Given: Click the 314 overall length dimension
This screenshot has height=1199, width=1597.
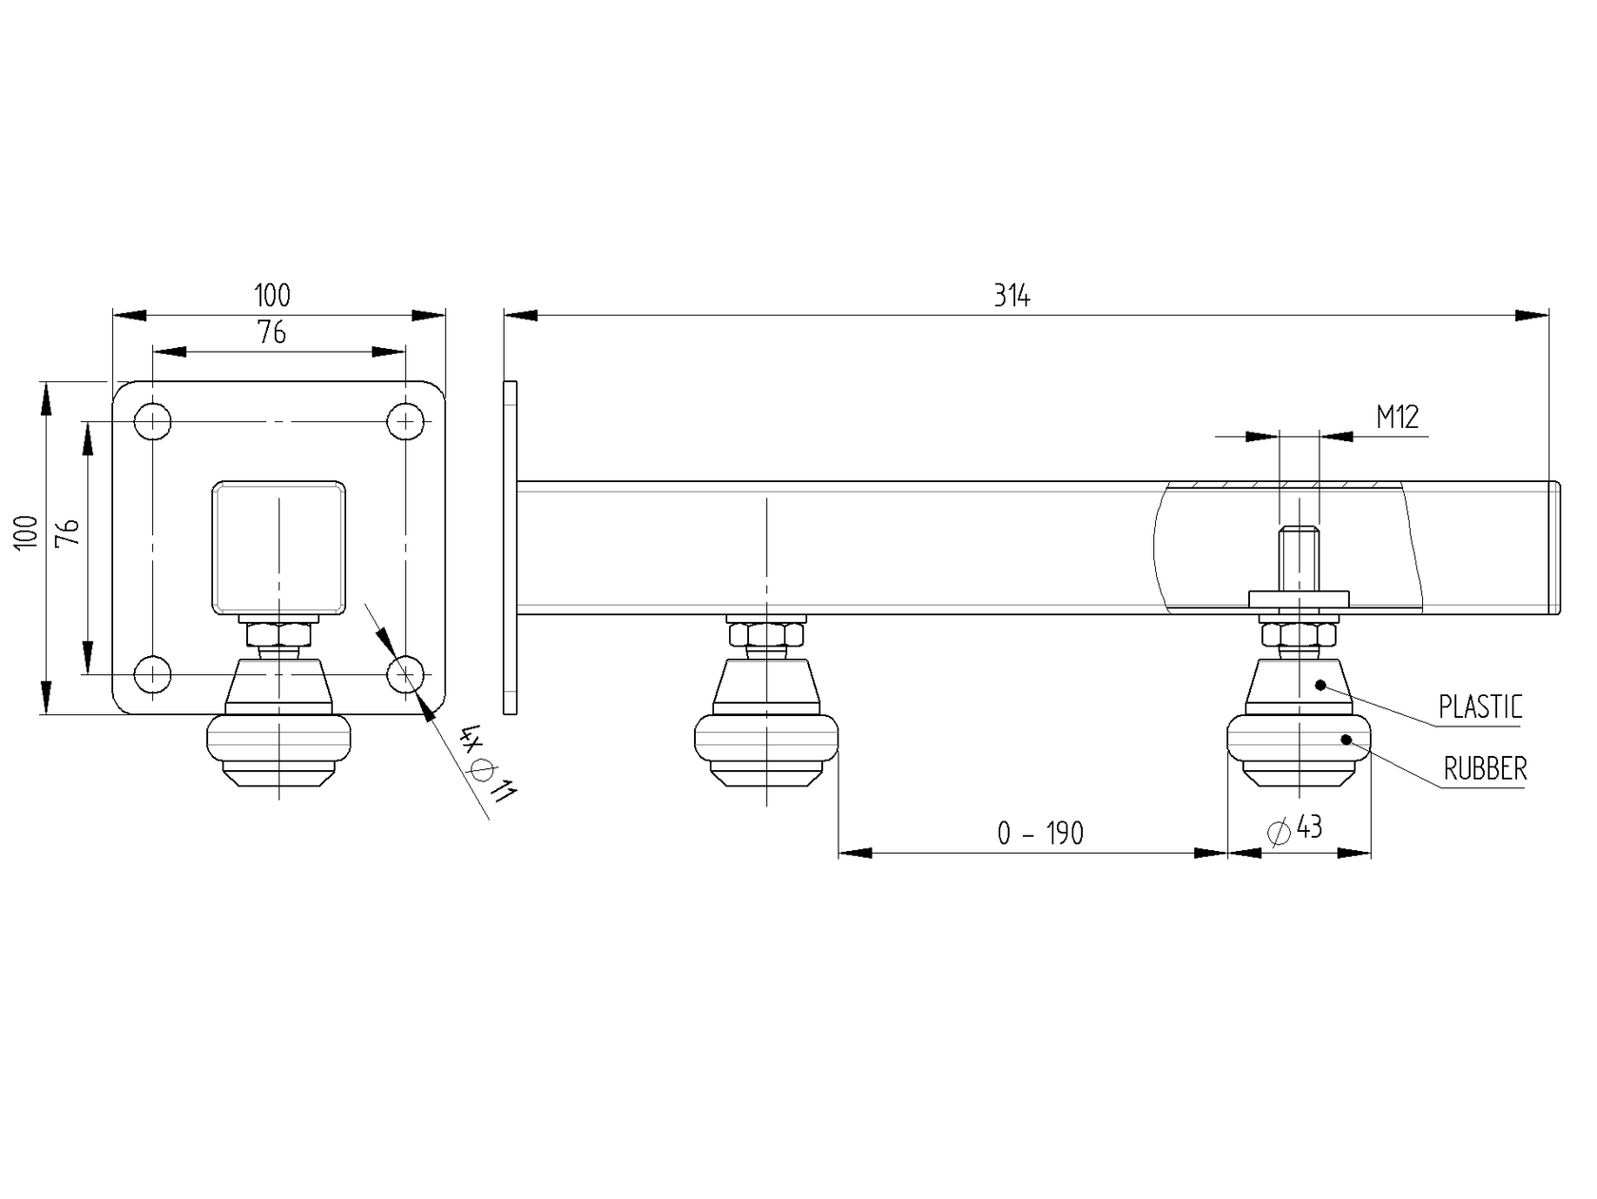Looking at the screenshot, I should [1012, 297].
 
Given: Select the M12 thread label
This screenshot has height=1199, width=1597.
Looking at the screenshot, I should [1397, 416].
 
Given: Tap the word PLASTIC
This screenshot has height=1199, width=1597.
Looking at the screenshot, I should [1480, 707].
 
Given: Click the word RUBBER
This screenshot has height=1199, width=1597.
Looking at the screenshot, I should [1485, 769].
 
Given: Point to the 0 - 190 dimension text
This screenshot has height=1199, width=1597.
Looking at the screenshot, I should [1040, 834].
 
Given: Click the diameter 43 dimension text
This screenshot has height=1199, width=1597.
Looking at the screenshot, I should [1296, 829].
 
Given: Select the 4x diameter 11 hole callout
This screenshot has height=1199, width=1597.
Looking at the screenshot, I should [487, 764].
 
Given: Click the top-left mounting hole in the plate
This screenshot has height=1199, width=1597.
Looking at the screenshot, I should [152, 421].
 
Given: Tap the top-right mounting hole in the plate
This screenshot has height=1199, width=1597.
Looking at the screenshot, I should [406, 421].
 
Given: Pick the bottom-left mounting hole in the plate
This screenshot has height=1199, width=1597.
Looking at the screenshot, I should [152, 675].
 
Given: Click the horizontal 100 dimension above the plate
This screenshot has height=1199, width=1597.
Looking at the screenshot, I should [272, 296].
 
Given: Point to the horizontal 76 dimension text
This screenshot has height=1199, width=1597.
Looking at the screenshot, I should [272, 333].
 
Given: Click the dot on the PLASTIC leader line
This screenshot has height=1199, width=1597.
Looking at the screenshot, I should [1320, 685].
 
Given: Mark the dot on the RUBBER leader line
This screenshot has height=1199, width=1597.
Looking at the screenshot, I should [1346, 740].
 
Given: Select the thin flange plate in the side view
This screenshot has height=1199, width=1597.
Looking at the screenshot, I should [510, 547].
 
